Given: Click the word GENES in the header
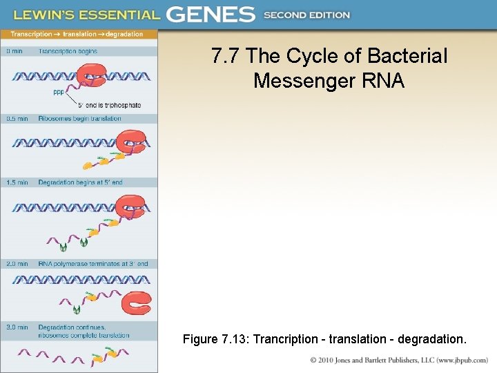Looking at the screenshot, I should tap(211, 14).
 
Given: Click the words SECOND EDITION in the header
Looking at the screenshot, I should tap(306, 15).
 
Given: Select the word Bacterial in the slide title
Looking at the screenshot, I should tap(407, 56).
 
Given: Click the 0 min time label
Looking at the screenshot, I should tap(14, 51).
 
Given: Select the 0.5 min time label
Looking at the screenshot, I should tap(17, 119).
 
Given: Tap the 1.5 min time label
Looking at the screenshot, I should tap(17, 182).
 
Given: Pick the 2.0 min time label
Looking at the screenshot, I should tap(17, 264).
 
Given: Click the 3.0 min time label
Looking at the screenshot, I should tap(17, 327).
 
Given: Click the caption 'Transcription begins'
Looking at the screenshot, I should tap(68, 51).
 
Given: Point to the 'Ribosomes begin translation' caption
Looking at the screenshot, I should tap(79, 119).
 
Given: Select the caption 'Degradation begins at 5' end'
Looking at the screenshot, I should tap(80, 182).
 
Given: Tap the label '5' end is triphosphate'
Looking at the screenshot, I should tap(110, 106).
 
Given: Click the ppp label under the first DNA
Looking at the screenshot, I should tap(59, 92).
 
